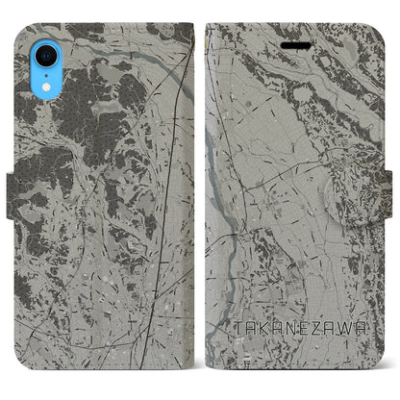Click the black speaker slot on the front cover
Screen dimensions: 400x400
point(295,44)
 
